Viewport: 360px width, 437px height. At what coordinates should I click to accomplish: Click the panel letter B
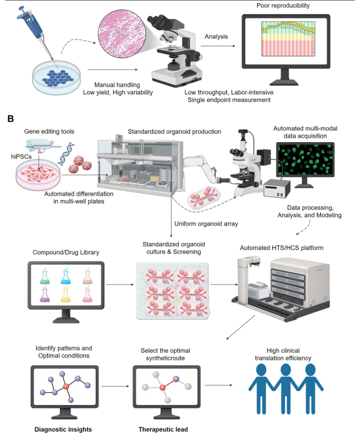pos(10,117)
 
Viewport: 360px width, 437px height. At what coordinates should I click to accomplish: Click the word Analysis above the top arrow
pos(216,37)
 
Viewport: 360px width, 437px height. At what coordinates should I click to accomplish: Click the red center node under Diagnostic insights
pos(66,387)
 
